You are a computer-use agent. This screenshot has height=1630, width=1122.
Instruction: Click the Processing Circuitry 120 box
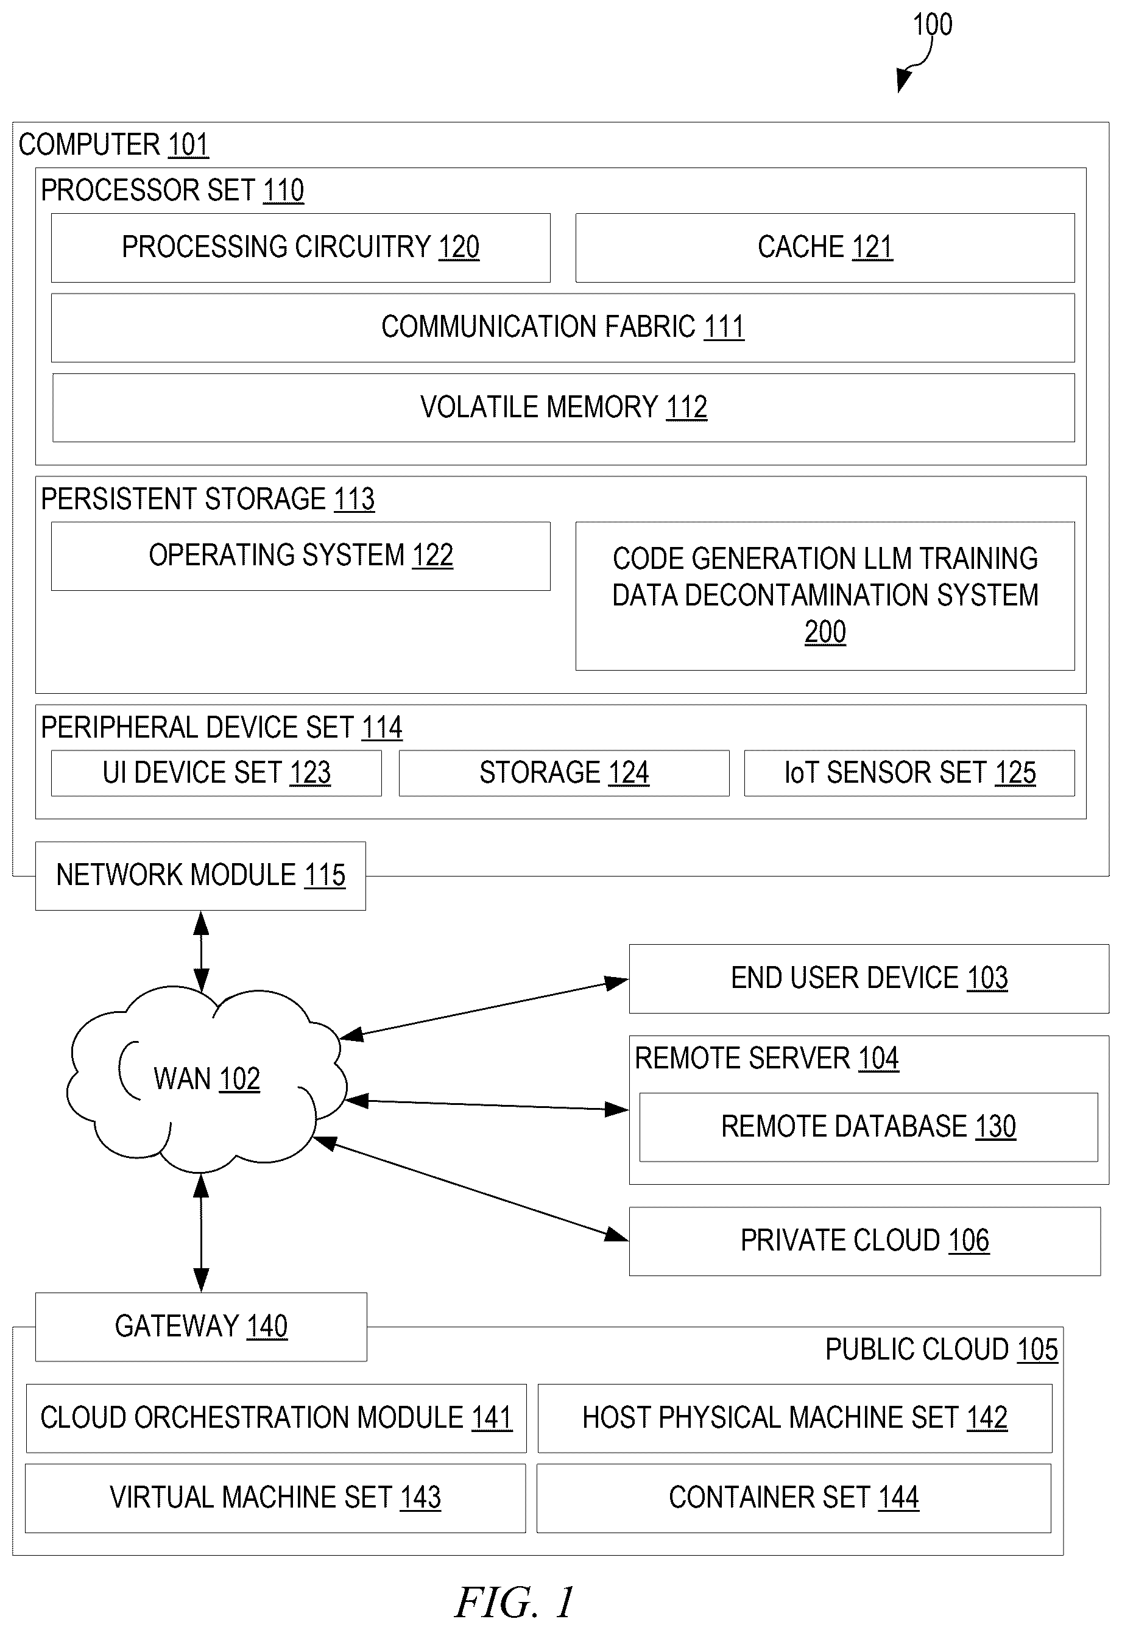point(300,247)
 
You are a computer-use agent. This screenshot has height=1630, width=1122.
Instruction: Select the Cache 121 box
point(825,247)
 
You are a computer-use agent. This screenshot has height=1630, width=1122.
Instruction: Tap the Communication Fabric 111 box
point(562,328)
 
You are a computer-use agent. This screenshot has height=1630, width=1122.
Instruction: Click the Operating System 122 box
point(300,556)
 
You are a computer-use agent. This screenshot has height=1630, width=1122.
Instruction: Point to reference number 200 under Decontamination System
point(825,632)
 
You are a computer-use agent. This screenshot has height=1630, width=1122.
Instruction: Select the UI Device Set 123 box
point(216,773)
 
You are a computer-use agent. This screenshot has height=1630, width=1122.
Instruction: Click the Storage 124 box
point(564,773)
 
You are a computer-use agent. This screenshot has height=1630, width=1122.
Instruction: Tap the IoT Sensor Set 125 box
point(909,773)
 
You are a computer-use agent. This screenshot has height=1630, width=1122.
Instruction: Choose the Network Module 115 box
point(200,876)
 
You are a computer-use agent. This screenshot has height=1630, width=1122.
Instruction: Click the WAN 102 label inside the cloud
point(206,1079)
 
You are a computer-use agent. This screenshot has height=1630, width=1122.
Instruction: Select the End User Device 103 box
point(869,978)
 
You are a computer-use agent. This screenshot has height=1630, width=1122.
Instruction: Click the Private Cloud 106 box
point(865,1241)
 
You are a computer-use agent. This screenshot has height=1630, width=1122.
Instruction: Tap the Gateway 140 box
point(201,1327)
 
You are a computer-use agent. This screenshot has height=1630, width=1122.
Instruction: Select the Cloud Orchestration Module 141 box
point(277,1419)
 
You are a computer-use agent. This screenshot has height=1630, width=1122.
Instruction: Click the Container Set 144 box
point(794,1498)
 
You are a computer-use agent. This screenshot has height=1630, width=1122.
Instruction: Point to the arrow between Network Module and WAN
point(201,951)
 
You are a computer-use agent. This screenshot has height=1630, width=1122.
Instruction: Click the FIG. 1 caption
point(515,1603)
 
